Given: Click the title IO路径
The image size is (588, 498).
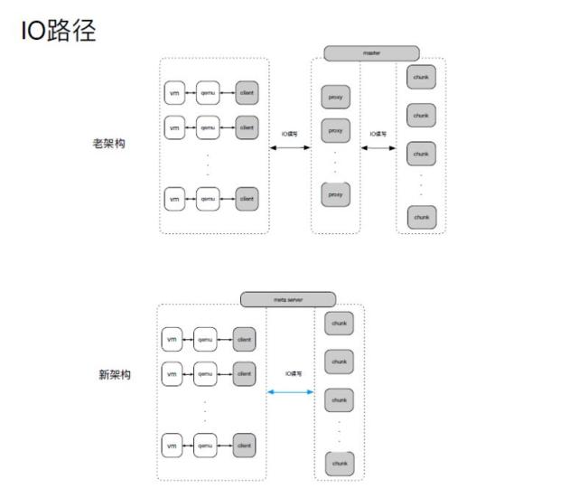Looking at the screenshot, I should pyautogui.click(x=58, y=31).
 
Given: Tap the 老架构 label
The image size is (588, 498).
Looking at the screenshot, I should pyautogui.click(x=108, y=144).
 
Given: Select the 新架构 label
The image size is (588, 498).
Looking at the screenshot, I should pyautogui.click(x=114, y=375).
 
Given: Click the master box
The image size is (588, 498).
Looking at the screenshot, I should pyautogui.click(x=371, y=53).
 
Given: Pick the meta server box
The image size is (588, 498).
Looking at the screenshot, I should pyautogui.click(x=288, y=299).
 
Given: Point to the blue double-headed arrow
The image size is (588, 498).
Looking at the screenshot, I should pyautogui.click(x=290, y=392).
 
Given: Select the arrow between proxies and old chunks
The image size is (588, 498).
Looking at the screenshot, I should pyautogui.click(x=378, y=146).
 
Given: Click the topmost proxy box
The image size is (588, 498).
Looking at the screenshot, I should pyautogui.click(x=335, y=97).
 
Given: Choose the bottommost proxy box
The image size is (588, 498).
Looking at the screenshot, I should pyautogui.click(x=335, y=194).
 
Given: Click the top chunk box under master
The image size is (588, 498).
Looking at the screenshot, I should pyautogui.click(x=420, y=78).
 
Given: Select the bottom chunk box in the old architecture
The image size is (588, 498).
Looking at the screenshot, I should pyautogui.click(x=420, y=217).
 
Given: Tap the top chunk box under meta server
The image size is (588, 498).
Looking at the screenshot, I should pyautogui.click(x=339, y=323).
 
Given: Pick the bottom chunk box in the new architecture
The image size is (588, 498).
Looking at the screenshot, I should pyautogui.click(x=339, y=464).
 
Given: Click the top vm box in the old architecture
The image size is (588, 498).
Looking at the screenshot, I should pyautogui.click(x=174, y=93).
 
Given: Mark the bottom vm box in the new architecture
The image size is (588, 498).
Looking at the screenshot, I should pyautogui.click(x=172, y=446).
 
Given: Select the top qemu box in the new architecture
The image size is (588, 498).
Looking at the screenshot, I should pyautogui.click(x=206, y=340).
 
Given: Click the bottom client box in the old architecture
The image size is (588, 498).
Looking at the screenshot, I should pyautogui.click(x=247, y=198).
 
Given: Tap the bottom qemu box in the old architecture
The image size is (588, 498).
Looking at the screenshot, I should pyautogui.click(x=208, y=198).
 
